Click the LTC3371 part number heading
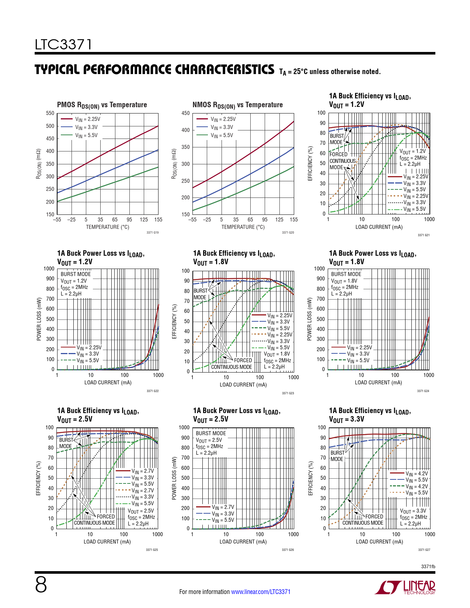pyautogui.click(x=63, y=45)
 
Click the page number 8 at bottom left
pyautogui.click(x=41, y=585)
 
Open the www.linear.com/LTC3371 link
pyautogui.click(x=261, y=592)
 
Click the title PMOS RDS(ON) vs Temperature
pyautogui.click(x=102, y=105)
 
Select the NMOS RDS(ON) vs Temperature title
pyautogui.click(x=237, y=105)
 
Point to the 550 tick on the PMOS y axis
pyautogui.click(x=50, y=113)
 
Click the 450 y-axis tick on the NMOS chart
pyautogui.click(x=186, y=113)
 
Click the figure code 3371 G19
pyautogui.click(x=152, y=233)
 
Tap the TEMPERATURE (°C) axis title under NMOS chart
pyautogui.click(x=243, y=227)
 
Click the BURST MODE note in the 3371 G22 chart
pyautogui.click(x=76, y=274)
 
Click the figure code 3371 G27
pyautogui.click(x=424, y=550)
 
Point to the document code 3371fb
pyautogui.click(x=428, y=567)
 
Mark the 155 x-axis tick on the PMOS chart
pyautogui.click(x=158, y=220)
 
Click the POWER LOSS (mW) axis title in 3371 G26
pyautogui.click(x=174, y=478)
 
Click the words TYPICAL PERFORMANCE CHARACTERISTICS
pyautogui.click(x=154, y=70)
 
